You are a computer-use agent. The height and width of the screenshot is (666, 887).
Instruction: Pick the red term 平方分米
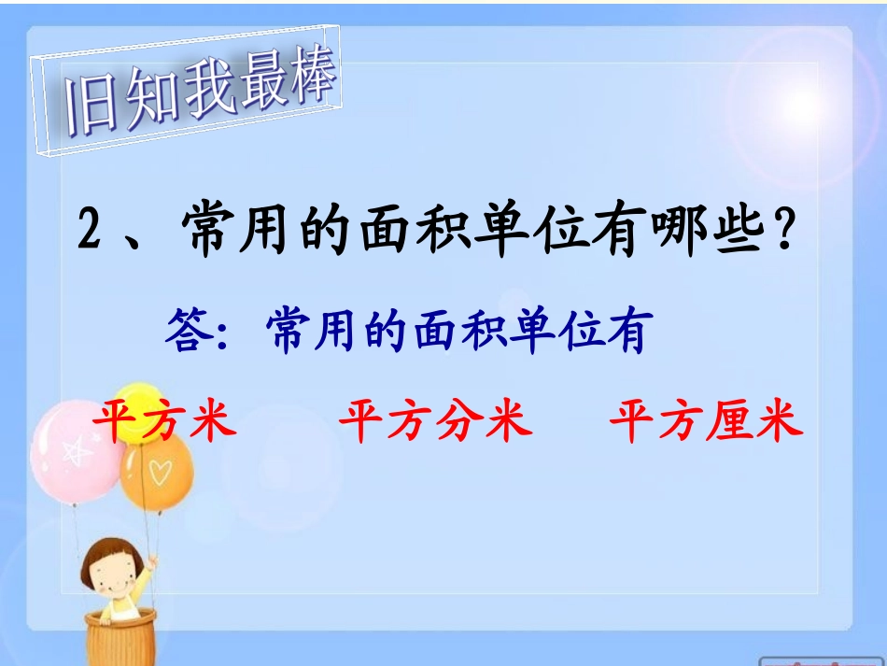point(435,422)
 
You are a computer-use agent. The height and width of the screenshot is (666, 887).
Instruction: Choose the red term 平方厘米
point(706,422)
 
